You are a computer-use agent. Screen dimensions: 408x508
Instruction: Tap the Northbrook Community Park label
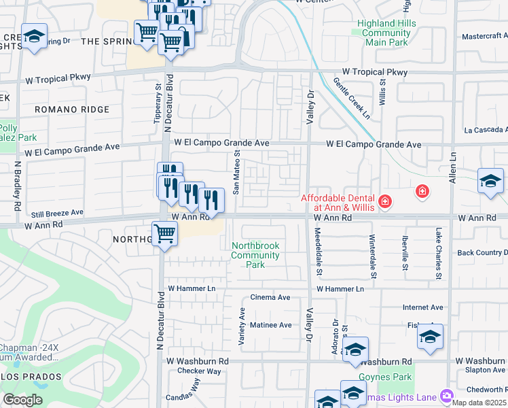click(x=255, y=255)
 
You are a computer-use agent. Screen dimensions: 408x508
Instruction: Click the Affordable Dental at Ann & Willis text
click(x=338, y=203)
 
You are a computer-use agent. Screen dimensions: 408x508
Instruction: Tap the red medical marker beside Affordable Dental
click(x=384, y=201)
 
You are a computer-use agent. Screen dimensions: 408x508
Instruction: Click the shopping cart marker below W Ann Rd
click(x=165, y=234)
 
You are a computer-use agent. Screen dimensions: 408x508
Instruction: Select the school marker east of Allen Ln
click(x=490, y=182)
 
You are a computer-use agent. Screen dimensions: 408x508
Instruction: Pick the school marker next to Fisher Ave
click(x=430, y=337)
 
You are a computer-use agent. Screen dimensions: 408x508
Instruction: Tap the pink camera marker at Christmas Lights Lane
click(x=446, y=394)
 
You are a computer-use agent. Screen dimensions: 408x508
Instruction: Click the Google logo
click(x=23, y=400)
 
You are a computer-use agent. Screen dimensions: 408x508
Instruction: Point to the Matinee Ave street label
click(x=271, y=325)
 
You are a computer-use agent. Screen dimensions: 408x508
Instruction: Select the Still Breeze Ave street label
click(x=58, y=212)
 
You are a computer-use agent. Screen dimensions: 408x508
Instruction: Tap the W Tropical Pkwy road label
click(x=375, y=72)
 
